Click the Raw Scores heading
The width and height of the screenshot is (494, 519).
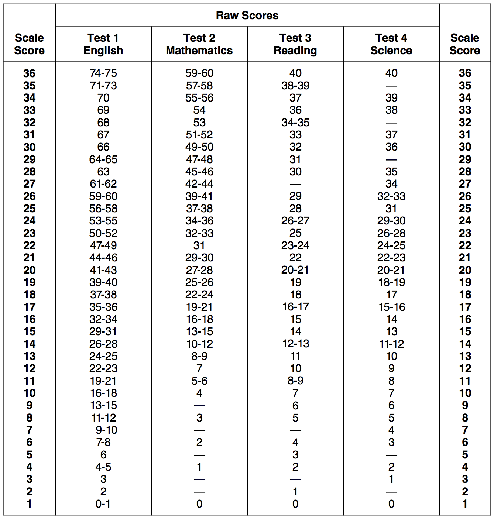[x=247, y=16]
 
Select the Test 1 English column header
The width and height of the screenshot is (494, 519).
[x=103, y=44]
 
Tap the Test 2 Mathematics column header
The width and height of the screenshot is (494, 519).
[x=199, y=44]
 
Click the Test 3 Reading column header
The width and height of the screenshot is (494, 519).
[x=295, y=44]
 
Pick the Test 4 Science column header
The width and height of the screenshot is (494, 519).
[x=391, y=44]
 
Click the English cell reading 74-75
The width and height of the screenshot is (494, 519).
[x=103, y=73]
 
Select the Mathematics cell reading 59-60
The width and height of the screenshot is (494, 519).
[x=199, y=73]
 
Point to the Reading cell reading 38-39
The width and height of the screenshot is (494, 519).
[x=295, y=86]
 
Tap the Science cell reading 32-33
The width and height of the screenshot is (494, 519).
[x=391, y=196]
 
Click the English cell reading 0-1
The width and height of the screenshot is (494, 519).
[x=103, y=504]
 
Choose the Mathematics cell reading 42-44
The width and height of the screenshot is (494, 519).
[x=199, y=184]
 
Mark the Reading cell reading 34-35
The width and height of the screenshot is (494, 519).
[x=295, y=123]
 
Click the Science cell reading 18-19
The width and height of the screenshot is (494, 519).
[x=391, y=282]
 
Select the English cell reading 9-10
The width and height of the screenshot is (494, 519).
[x=106, y=430]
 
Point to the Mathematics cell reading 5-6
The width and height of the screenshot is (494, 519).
[x=199, y=381]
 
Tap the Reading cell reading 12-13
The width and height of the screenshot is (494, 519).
[x=295, y=344]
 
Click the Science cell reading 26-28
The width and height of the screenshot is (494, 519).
[x=391, y=233]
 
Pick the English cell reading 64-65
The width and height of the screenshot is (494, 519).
[x=103, y=159]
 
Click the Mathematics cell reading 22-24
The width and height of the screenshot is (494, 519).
[x=199, y=295]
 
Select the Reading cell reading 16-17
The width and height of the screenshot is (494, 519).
[x=295, y=307]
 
